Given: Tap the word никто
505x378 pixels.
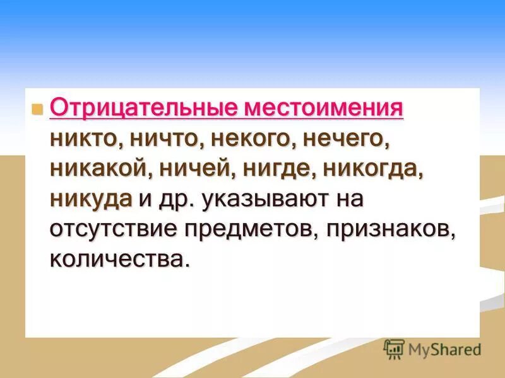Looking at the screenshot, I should [85, 139].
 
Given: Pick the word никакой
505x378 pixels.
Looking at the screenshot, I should [95, 168].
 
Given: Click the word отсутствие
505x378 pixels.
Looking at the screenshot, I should [114, 229].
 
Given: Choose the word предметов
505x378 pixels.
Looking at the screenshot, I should [252, 229].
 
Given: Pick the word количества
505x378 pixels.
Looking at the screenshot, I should [119, 258].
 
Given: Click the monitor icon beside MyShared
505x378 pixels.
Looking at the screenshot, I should [394, 348].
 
